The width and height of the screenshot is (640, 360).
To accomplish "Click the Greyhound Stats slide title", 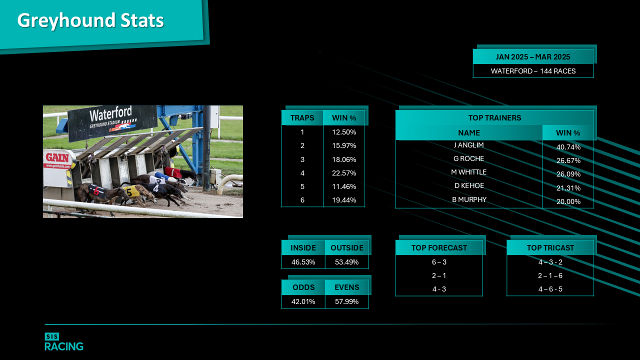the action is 90,20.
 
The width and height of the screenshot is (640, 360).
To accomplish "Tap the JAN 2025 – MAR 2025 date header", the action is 533,57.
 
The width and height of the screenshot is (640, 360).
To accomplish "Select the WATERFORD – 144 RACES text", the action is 533,71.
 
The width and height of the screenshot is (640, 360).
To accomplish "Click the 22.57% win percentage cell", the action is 344,173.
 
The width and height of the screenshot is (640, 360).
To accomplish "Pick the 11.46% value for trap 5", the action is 344,186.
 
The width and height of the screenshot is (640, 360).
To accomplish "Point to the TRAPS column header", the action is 302,117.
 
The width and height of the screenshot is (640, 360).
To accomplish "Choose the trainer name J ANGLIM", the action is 469,145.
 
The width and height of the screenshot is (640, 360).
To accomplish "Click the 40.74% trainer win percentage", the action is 568,147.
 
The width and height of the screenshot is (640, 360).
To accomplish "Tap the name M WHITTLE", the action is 469,172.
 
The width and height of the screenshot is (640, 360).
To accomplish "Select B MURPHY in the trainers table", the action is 469,199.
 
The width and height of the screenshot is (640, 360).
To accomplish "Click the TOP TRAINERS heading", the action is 494,117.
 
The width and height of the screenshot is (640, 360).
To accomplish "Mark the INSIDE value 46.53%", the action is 303,262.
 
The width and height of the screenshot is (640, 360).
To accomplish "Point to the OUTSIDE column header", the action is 347,247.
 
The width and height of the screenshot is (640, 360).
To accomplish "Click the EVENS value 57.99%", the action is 346,301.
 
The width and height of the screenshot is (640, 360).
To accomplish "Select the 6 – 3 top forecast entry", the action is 439,262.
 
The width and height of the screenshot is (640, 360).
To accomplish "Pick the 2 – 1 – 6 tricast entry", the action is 550,275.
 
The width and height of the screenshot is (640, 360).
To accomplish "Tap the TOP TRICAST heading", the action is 550,247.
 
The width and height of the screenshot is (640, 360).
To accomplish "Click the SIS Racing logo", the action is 64,341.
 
